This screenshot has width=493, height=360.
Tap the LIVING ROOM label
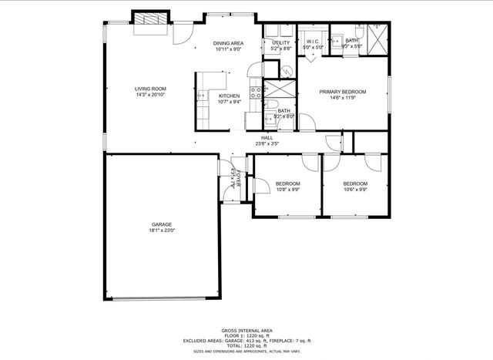(x=150, y=89)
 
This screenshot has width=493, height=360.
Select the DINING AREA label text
(x=229, y=43)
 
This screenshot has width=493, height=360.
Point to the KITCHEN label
(x=228, y=96)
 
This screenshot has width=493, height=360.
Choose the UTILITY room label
(x=280, y=42)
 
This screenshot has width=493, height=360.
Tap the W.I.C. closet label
(x=313, y=42)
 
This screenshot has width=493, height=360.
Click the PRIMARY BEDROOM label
(x=343, y=92)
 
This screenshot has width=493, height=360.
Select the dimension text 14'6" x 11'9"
(x=343, y=98)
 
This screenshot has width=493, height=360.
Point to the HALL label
(x=267, y=137)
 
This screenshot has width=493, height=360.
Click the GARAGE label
(x=161, y=224)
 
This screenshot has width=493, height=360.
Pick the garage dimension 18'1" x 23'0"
(x=161, y=230)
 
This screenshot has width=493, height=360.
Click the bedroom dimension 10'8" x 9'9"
(x=287, y=189)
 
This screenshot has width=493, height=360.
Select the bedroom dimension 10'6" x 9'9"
(x=355, y=189)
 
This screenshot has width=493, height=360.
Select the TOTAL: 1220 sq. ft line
(x=246, y=345)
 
